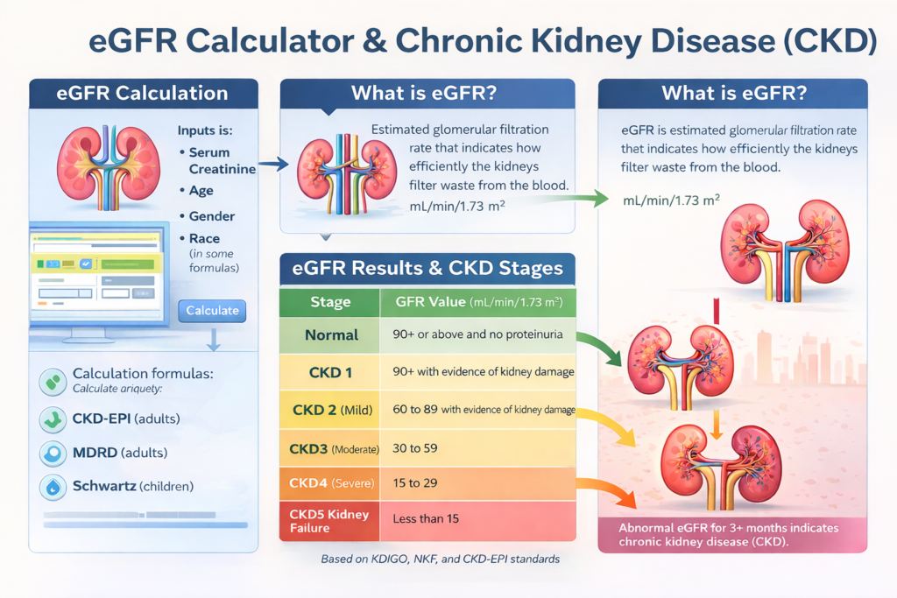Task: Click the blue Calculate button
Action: point(212,311)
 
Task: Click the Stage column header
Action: point(330,302)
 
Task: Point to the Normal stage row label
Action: point(331,334)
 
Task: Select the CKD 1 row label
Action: point(331,372)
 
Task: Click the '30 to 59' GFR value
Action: point(415,447)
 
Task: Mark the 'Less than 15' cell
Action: point(426,518)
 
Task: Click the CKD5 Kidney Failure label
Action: point(328,519)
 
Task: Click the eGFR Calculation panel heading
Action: point(143,94)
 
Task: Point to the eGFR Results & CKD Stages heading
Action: point(427,268)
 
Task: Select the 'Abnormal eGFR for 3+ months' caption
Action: point(729,534)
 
